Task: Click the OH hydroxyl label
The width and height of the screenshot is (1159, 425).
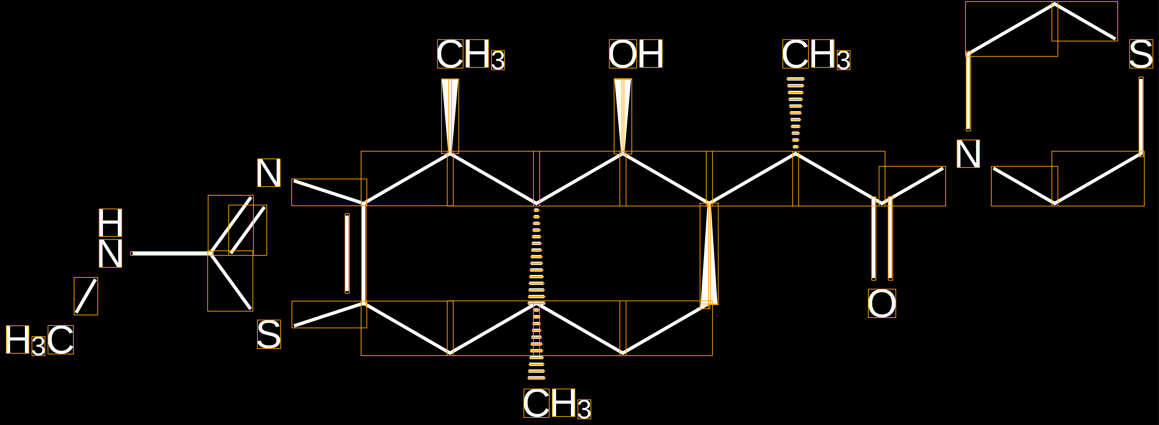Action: pyautogui.click(x=635, y=54)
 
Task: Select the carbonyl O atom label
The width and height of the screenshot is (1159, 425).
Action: pyautogui.click(x=882, y=303)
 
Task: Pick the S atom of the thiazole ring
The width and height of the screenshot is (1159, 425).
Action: pyautogui.click(x=269, y=334)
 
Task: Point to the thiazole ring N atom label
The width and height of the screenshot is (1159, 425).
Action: pyautogui.click(x=269, y=173)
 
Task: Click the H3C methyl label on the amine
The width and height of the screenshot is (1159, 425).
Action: pyautogui.click(x=39, y=340)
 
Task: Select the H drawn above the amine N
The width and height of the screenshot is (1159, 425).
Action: pyautogui.click(x=110, y=222)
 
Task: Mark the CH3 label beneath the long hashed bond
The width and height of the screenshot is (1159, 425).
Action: pyautogui.click(x=557, y=403)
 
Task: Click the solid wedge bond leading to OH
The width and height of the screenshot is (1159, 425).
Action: pyautogui.click(x=623, y=116)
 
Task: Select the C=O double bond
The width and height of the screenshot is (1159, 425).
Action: pyautogui.click(x=882, y=239)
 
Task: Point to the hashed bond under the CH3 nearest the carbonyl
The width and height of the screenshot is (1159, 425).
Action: pyautogui.click(x=795, y=113)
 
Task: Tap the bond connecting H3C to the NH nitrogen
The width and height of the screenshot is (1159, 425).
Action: pyautogui.click(x=86, y=296)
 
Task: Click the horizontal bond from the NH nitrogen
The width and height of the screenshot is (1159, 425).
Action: pyautogui.click(x=171, y=254)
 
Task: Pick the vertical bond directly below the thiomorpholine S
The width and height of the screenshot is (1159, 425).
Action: pyautogui.click(x=1141, y=116)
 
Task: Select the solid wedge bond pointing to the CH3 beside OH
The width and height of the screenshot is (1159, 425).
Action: pyautogui.click(x=450, y=116)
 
